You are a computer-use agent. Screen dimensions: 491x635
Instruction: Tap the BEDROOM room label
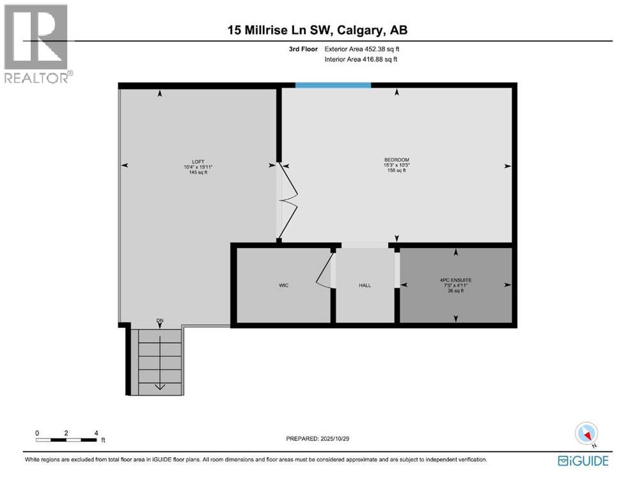pos(396,160)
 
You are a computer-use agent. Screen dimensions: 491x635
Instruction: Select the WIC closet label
pos(283,285)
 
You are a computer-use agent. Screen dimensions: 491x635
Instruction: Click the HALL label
pos(365,286)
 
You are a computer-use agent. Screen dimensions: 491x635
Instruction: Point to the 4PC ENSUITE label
pos(455,280)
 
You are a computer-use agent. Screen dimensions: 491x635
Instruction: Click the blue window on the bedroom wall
pos(333,85)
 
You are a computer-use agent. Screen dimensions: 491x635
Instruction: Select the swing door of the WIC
pos(325,273)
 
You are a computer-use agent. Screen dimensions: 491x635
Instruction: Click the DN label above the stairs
pos(160,320)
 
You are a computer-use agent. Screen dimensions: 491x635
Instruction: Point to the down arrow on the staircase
pos(159,386)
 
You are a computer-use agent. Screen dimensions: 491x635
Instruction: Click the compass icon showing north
pos(586,434)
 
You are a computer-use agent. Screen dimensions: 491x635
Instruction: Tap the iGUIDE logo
pos(583,460)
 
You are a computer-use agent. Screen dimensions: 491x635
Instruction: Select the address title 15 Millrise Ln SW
pos(318,29)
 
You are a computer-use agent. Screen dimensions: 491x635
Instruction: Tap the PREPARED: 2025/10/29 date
pos(318,439)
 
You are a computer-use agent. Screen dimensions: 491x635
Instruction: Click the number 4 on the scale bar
pos(96,433)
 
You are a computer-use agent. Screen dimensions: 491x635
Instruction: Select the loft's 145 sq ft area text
pos(197,173)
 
